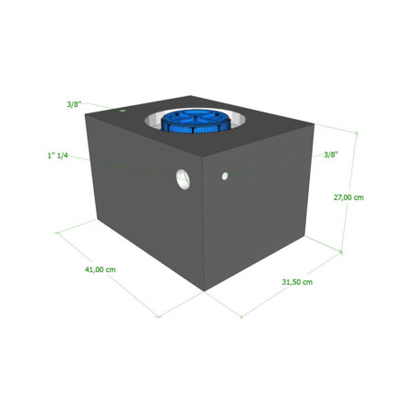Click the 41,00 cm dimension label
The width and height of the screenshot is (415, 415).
(x=101, y=269)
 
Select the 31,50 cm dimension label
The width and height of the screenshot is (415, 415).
(x=297, y=282)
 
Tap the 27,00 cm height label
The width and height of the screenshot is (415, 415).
(x=349, y=197)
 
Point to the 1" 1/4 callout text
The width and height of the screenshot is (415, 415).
(x=57, y=156)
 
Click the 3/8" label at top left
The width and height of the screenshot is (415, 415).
(x=74, y=104)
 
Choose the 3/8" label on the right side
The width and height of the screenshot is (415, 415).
(x=331, y=155)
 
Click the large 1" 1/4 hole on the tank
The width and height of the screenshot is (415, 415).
(x=184, y=179)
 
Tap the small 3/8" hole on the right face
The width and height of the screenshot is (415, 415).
(x=225, y=176)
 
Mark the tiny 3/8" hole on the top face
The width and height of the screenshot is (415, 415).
(x=123, y=110)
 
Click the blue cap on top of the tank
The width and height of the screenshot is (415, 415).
(x=196, y=121)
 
